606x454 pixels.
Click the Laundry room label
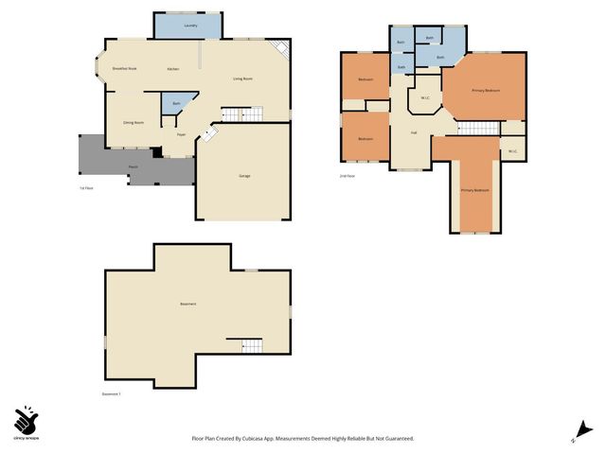pos(190,26)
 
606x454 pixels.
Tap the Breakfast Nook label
pos(125,69)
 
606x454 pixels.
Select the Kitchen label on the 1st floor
pos(173,70)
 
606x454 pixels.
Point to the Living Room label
pos(242,79)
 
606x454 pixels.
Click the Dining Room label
pos(133,123)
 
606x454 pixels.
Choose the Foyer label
pos(180,134)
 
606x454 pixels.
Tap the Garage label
pos(244,176)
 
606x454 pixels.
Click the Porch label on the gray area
pos(135,166)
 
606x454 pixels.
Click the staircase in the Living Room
pos(241,114)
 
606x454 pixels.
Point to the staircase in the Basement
pos(252,346)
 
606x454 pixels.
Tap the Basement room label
pos(188,304)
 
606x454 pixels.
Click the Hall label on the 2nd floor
pos(414,132)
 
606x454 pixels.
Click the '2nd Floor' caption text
pos(347,176)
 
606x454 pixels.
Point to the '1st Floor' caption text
pos(85,188)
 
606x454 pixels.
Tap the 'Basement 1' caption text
pos(112,393)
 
